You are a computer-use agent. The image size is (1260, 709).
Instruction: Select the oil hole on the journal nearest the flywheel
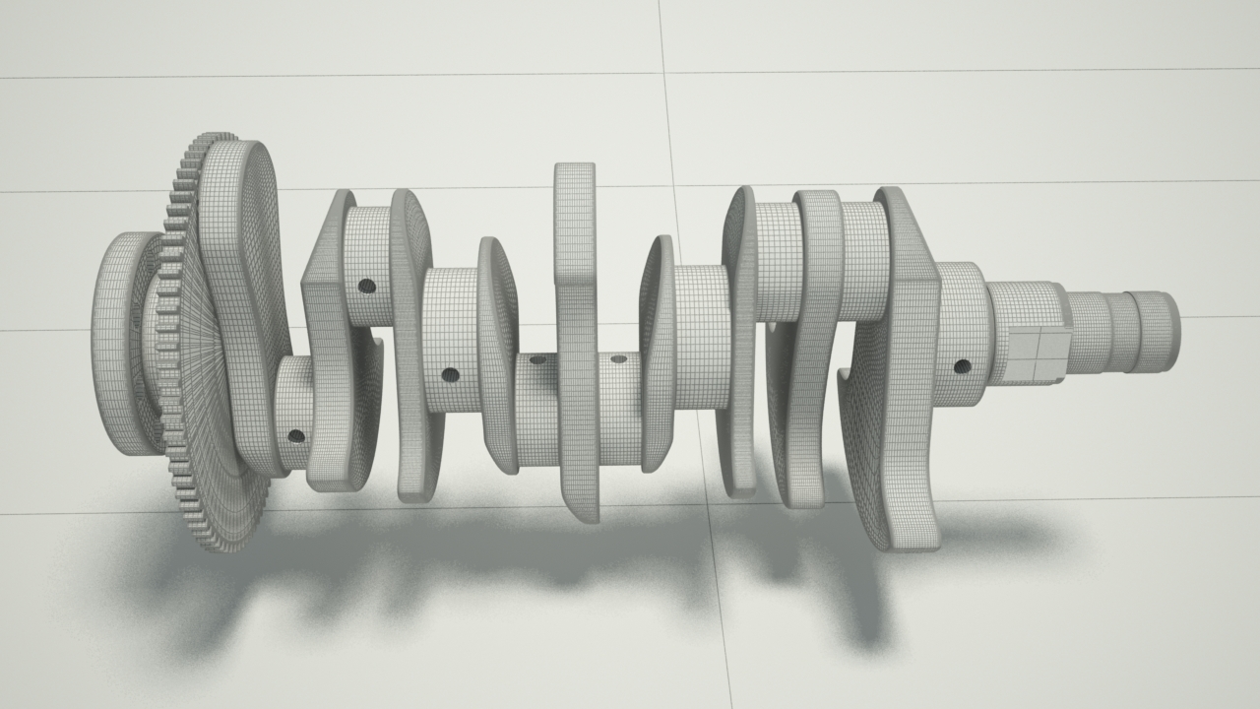(296, 435)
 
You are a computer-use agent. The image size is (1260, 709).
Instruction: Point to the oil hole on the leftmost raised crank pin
(366, 286)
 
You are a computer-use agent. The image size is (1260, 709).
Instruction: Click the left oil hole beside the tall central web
(537, 360)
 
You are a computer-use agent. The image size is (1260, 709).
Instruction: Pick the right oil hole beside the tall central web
(618, 358)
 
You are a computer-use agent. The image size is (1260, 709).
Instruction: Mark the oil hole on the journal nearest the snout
(962, 366)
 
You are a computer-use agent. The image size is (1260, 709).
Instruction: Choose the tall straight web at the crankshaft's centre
(577, 335)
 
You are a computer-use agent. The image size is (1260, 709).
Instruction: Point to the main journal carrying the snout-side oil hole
(960, 335)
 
